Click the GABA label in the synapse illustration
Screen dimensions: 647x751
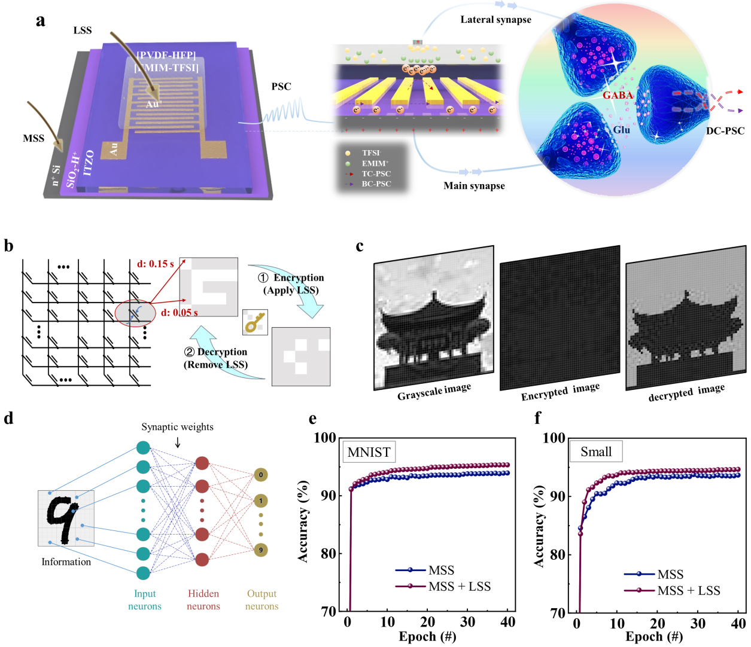pyautogui.click(x=618, y=95)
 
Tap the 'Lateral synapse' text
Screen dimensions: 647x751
pyautogui.click(x=495, y=20)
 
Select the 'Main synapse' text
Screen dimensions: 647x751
pyautogui.click(x=474, y=186)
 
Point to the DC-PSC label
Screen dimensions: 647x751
pyautogui.click(x=725, y=131)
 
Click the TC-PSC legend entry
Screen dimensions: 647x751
pyautogui.click(x=376, y=174)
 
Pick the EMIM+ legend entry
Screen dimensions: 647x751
pyautogui.click(x=375, y=163)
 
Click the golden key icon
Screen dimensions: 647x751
pyautogui.click(x=255, y=322)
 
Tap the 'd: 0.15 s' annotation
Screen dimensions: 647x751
pyautogui.click(x=155, y=264)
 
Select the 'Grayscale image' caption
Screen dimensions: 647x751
pyautogui.click(x=434, y=392)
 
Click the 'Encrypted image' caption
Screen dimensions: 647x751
pyautogui.click(x=560, y=392)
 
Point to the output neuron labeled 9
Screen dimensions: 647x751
pyautogui.click(x=260, y=550)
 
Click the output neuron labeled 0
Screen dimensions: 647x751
pyautogui.click(x=260, y=475)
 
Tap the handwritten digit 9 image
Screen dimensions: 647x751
pyautogui.click(x=66, y=518)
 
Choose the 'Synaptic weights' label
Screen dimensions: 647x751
pyautogui.click(x=177, y=427)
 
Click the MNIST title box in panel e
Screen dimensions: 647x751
pyautogui.click(x=369, y=452)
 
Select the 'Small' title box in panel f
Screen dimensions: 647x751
pyautogui.click(x=596, y=451)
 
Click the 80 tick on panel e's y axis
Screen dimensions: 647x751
pyautogui.click(x=329, y=554)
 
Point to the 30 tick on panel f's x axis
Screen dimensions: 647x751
pyautogui.click(x=698, y=624)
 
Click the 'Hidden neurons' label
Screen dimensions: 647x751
pyautogui.click(x=203, y=600)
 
